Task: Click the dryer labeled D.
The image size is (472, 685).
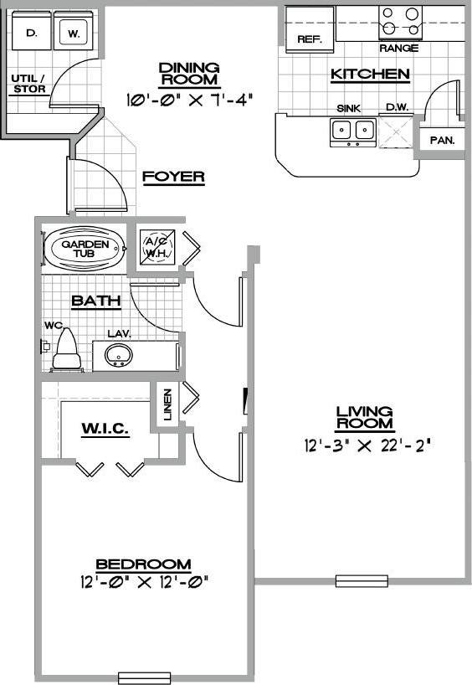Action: click(x=32, y=34)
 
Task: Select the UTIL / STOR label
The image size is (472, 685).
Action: click(x=28, y=84)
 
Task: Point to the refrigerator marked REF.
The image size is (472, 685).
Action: click(x=310, y=39)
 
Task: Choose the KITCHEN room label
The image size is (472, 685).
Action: click(x=370, y=75)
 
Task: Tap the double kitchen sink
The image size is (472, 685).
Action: click(x=352, y=130)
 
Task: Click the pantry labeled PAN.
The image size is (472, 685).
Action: click(x=442, y=140)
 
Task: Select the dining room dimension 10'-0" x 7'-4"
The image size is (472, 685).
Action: click(x=188, y=98)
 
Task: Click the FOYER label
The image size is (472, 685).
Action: click(x=173, y=177)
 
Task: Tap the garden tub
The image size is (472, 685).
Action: click(x=83, y=249)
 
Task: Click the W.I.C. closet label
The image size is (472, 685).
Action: click(x=105, y=429)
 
